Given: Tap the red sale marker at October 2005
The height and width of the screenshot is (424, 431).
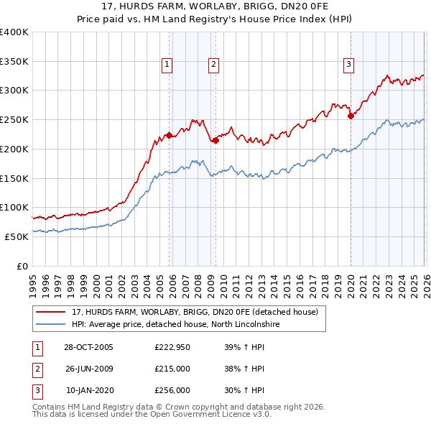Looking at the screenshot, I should (x=169, y=135).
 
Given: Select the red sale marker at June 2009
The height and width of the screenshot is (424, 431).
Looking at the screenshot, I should (x=215, y=140).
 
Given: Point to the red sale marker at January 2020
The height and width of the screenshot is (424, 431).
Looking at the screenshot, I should (x=351, y=116).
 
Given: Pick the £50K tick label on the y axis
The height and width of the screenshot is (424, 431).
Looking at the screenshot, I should (x=17, y=236).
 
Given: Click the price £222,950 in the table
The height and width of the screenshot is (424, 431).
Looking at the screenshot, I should (x=172, y=347).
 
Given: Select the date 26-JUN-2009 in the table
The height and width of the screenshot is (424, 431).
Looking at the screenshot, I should (x=88, y=369).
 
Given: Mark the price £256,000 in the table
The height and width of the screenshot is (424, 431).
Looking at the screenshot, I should (x=172, y=390).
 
